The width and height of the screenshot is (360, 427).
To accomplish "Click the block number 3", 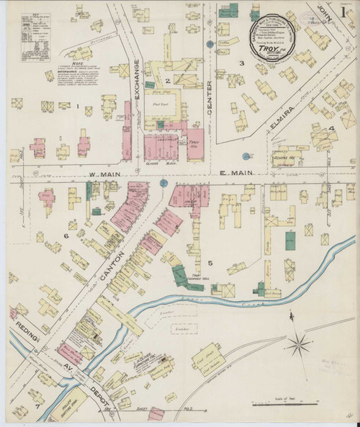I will click(x=243, y=63).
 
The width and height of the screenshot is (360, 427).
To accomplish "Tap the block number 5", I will click(x=210, y=262).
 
